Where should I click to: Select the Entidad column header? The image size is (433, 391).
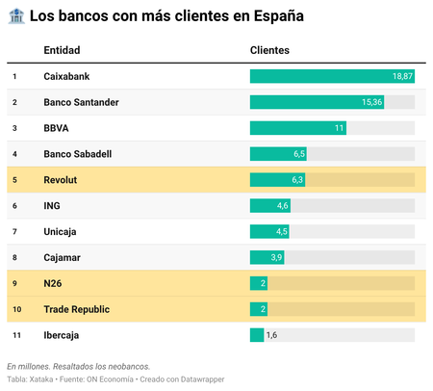click(x=62, y=49)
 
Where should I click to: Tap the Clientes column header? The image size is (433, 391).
click(x=269, y=49)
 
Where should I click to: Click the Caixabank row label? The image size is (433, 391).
click(x=66, y=76)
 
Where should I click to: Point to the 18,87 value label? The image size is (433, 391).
click(x=402, y=76)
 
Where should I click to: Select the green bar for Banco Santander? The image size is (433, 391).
click(x=317, y=102)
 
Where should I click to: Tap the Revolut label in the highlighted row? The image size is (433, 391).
click(x=61, y=180)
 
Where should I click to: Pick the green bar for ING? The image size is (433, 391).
click(x=269, y=206)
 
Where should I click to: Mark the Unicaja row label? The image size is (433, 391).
click(x=61, y=232)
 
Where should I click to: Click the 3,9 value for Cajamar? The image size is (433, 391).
click(x=276, y=258)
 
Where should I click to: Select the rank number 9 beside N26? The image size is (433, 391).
click(x=14, y=283)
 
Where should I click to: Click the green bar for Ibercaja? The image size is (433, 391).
click(x=257, y=335)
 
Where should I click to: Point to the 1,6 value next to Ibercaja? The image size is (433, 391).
click(x=271, y=335)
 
